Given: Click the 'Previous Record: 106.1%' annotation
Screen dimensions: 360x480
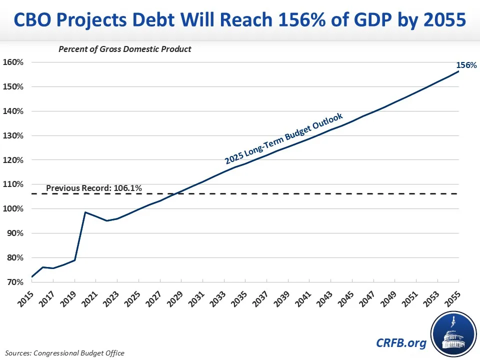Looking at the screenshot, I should click(x=94, y=188).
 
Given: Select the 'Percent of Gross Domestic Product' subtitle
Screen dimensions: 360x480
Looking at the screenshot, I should click(x=125, y=49).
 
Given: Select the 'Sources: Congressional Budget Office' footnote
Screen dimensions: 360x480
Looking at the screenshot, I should click(x=65, y=353).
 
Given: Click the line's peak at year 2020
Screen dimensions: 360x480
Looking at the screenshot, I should click(x=85, y=212).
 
